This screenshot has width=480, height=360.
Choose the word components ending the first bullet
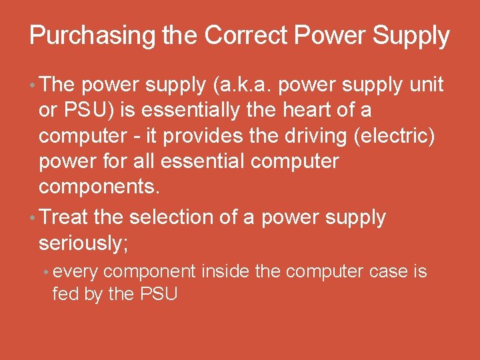click(x=99, y=187)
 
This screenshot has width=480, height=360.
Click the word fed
click(x=64, y=293)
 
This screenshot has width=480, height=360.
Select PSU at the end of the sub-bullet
click(x=157, y=293)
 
